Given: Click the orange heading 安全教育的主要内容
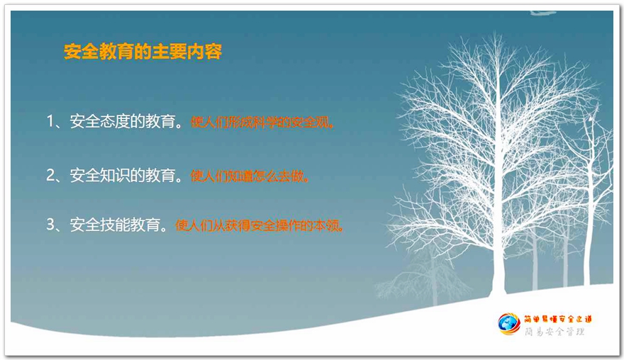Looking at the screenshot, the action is [143, 51].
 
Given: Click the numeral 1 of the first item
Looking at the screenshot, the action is [50, 121].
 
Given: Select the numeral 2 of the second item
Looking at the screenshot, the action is [50, 175].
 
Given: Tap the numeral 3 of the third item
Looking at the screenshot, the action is [50, 225].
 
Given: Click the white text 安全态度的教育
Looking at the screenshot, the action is [123, 121].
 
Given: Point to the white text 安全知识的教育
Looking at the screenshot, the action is [123, 175].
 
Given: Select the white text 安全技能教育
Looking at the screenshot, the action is [115, 225].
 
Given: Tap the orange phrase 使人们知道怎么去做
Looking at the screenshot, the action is [247, 176].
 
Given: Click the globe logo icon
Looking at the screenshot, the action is [508, 324].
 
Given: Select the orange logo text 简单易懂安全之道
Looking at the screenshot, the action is [558, 319].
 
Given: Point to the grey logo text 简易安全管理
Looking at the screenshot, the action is [555, 332].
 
